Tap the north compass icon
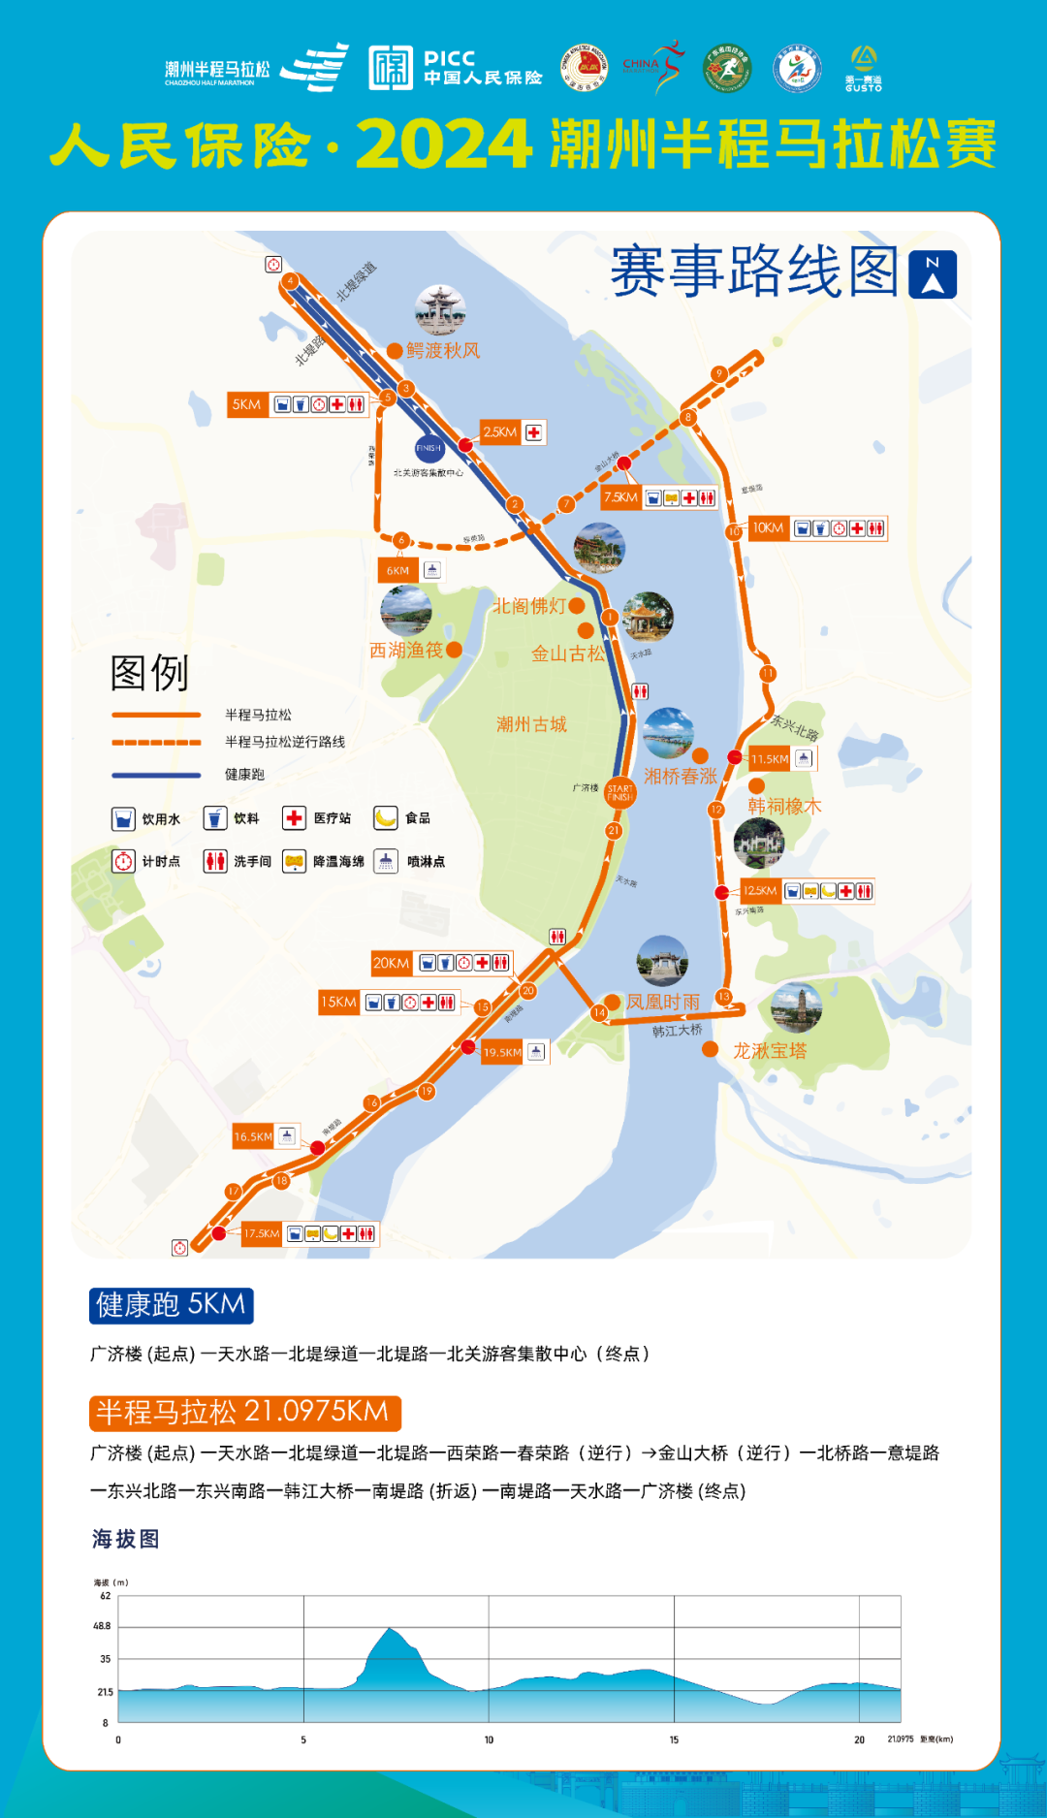933,274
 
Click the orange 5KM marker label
246,404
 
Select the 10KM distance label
768,528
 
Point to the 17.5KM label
261,1233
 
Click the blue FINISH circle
428,448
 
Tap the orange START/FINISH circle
619,793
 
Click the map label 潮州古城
531,724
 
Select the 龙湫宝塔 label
770,1051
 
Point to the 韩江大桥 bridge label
677,1031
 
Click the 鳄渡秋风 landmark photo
440,310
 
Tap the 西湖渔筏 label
406,651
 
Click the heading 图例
149,673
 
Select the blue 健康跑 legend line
156,775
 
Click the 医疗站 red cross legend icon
294,818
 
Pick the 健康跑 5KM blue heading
172,1305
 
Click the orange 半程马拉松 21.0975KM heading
244,1413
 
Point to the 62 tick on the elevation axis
106,1596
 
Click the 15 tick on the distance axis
674,1739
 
